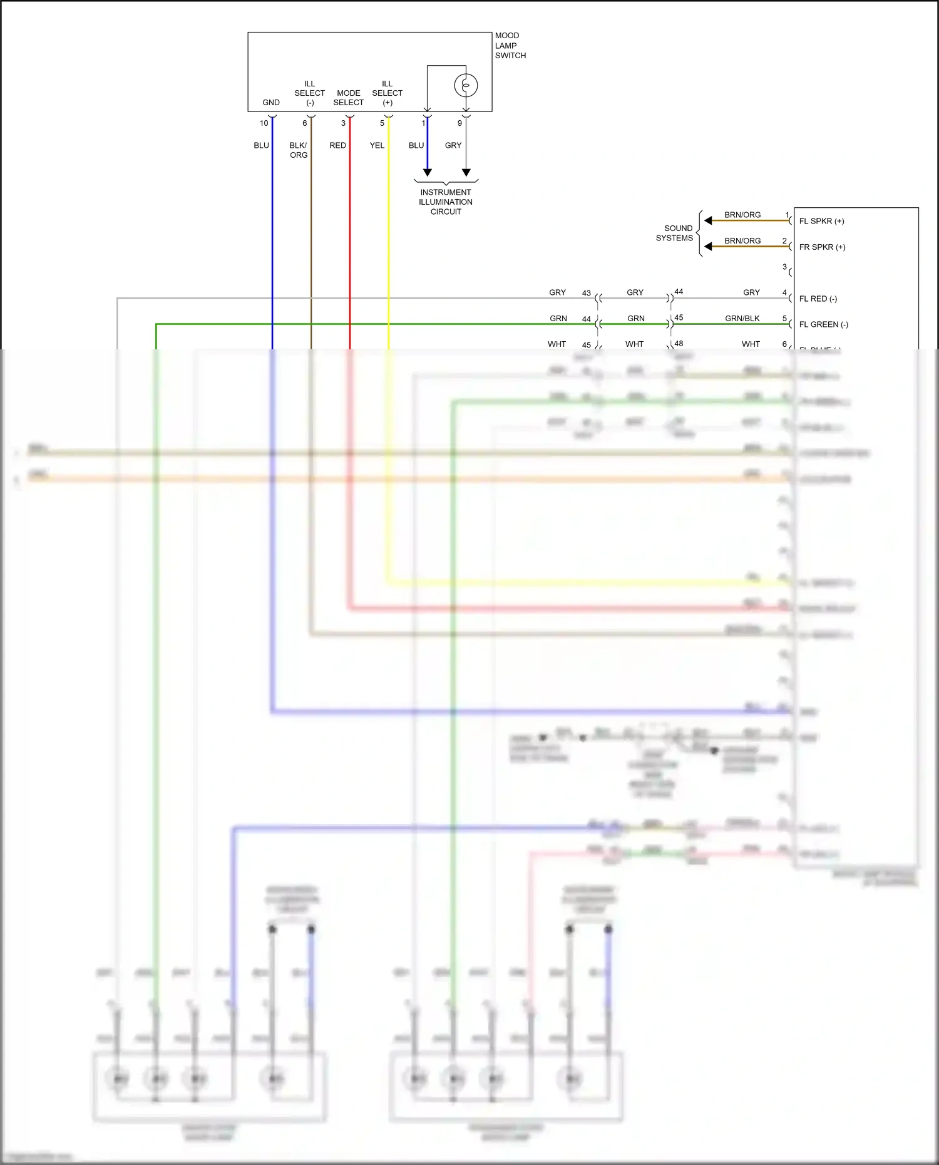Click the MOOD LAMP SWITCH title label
[x=510, y=46]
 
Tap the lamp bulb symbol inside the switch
[x=466, y=85]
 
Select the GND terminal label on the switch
[x=271, y=103]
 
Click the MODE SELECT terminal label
[x=348, y=98]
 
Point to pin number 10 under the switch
[x=264, y=123]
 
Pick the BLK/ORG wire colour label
[x=299, y=150]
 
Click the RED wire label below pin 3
[x=337, y=145]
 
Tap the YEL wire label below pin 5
[x=377, y=145]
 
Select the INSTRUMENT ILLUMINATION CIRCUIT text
[x=446, y=202]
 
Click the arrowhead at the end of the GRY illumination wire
[x=466, y=173]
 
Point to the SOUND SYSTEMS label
[x=675, y=233]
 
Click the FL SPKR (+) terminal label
[x=821, y=221]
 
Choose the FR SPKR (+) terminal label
[x=822, y=247]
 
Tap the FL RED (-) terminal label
[x=818, y=299]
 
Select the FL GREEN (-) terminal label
[x=823, y=324]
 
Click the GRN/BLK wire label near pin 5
[x=742, y=319]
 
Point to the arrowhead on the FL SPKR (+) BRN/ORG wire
[x=708, y=220]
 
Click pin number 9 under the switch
[x=459, y=123]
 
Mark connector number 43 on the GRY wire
[x=586, y=293]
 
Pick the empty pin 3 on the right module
[x=784, y=267]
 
